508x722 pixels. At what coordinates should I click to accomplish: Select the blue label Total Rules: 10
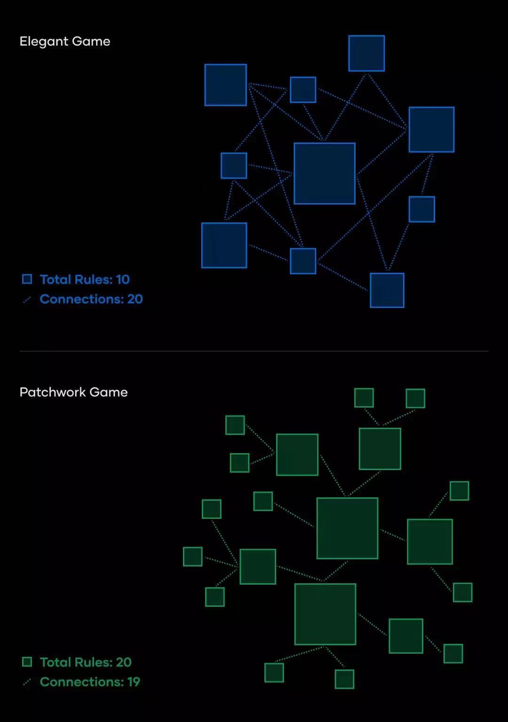pos(85,280)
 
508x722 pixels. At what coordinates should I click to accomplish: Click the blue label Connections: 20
pos(91,299)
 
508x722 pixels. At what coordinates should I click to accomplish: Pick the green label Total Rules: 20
pos(86,662)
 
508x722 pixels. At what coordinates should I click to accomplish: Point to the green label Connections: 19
pos(90,682)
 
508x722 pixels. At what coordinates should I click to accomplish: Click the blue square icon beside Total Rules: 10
pos(27,279)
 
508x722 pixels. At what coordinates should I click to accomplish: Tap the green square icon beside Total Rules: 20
pos(27,662)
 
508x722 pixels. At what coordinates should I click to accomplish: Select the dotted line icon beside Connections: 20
pos(27,300)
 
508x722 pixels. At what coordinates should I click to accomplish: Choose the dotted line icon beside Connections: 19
pos(27,683)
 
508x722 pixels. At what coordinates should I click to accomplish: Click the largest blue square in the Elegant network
pos(325,173)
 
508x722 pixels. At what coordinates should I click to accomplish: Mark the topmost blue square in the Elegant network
pos(366,53)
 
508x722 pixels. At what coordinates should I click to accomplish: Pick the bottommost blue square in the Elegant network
pos(387,290)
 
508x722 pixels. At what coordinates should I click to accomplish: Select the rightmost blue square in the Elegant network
pos(431,130)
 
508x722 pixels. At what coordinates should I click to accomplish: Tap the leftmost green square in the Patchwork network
pos(192,557)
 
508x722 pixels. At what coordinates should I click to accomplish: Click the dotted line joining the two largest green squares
pos(335,571)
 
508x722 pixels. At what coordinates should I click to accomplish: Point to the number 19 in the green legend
pos(134,682)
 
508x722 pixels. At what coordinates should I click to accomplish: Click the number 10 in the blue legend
pos(123,280)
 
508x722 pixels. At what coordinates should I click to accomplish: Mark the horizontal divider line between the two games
pos(254,351)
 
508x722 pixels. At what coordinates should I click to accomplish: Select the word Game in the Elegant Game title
pos(91,42)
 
